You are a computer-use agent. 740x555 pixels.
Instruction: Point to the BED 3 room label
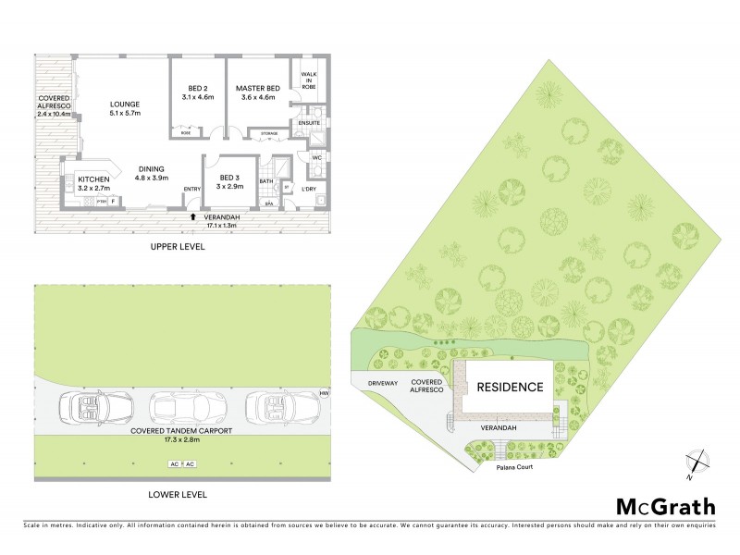[230, 181]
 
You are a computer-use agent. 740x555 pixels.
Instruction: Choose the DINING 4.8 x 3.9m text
[152, 173]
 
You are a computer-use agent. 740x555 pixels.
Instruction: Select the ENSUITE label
[308, 122]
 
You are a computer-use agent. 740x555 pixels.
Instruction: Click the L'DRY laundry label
[310, 190]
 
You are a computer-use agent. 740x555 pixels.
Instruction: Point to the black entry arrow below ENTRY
[192, 216]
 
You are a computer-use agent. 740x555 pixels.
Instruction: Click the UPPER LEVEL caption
[178, 248]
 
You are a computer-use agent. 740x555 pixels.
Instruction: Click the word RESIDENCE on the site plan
[511, 387]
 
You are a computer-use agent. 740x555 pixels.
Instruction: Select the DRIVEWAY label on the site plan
[382, 381]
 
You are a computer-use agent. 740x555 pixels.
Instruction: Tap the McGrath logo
[666, 506]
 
